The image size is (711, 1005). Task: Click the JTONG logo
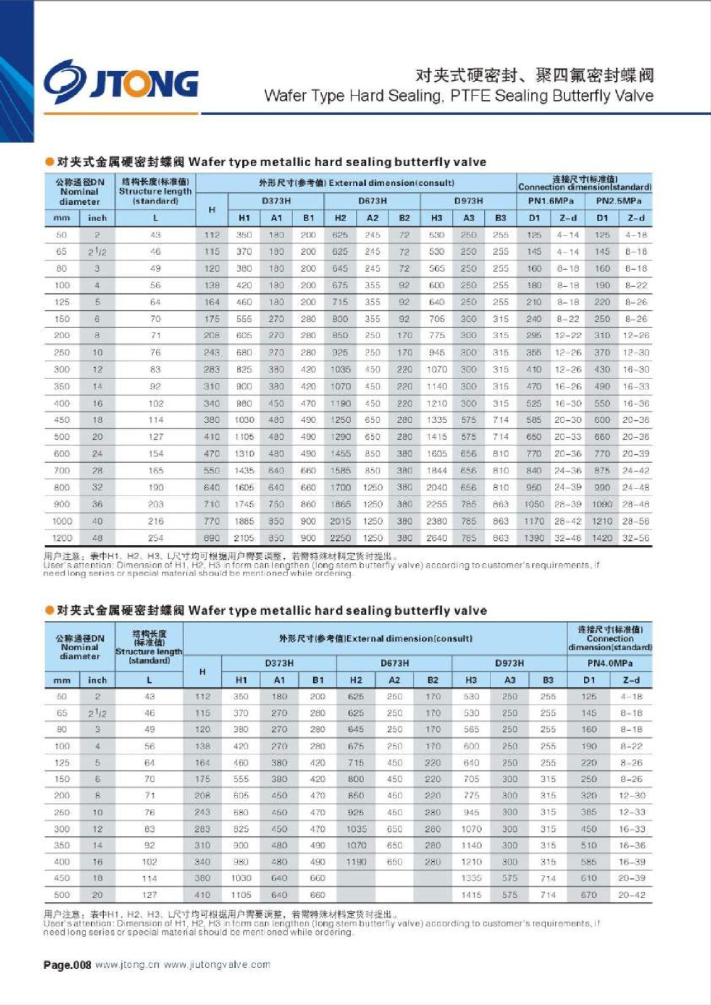[121, 82]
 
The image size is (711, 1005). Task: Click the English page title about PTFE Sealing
[458, 95]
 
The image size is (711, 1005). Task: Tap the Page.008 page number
[67, 965]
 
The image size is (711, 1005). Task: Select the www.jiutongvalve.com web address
[217, 965]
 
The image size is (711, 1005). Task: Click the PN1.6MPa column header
[551, 201]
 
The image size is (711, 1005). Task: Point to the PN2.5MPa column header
[619, 201]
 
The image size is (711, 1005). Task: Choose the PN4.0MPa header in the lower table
[610, 663]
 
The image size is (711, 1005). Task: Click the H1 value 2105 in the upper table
[244, 538]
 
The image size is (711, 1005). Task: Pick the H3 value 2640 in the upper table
[436, 538]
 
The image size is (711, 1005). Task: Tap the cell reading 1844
[436, 470]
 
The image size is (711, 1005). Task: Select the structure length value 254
[155, 538]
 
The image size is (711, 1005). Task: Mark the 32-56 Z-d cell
[636, 538]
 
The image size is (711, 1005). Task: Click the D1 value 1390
[534, 538]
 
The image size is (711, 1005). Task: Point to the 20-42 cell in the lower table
[632, 894]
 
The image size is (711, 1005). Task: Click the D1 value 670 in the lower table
[588, 894]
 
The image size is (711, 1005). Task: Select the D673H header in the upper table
[372, 201]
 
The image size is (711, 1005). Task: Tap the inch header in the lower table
[97, 680]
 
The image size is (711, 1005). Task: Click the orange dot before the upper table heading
[49, 162]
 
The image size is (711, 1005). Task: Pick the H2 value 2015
[340, 521]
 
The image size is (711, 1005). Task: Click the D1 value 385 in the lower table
[588, 812]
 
